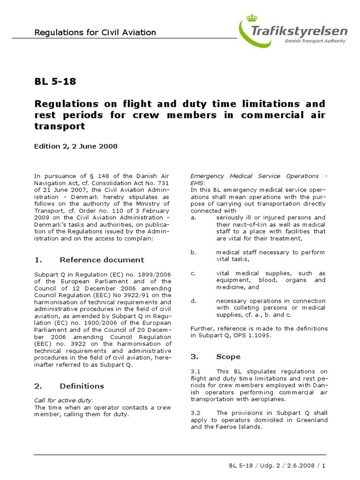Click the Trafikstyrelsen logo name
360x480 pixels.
tap(300, 31)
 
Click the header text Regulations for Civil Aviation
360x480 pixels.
tap(95, 32)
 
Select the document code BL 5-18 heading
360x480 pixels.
tap(55, 82)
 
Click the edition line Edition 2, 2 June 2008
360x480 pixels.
tap(75, 146)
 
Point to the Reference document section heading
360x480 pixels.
tap(102, 260)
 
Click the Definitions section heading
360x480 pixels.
tap(82, 386)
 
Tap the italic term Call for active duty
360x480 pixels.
tap(64, 400)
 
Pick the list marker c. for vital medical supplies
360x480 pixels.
tap(193, 273)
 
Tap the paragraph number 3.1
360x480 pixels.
tap(196, 371)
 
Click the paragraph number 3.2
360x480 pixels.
tap(196, 413)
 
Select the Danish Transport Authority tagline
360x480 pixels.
tap(315, 41)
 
